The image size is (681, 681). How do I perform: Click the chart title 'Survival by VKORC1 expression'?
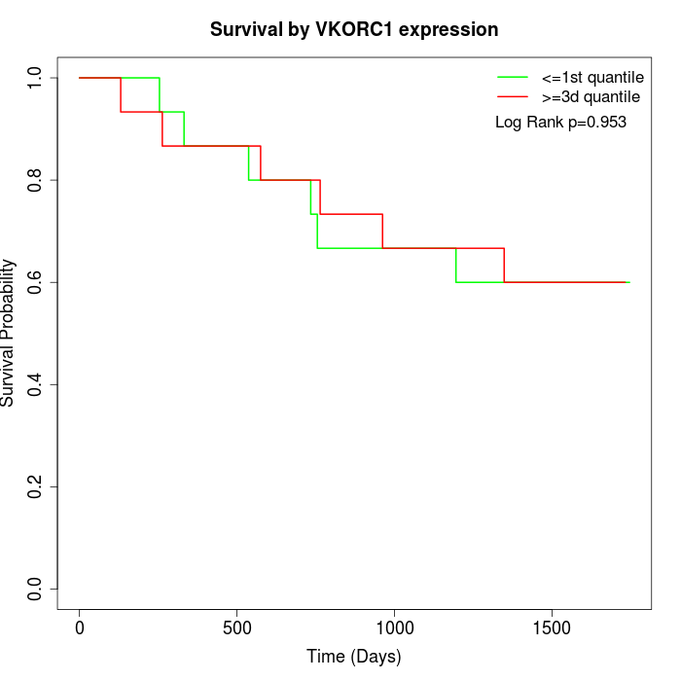[x=354, y=30]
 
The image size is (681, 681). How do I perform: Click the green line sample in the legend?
[x=513, y=77]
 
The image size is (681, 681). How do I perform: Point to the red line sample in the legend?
[x=513, y=96]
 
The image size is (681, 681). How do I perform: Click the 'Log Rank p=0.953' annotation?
[x=560, y=123]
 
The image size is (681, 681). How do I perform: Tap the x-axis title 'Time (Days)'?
[x=354, y=657]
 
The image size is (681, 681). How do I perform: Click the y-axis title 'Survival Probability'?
[x=9, y=333]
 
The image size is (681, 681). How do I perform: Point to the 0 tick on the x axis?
[x=80, y=628]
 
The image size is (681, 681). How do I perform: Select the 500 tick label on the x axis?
[x=237, y=628]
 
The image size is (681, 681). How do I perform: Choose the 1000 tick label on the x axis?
[x=395, y=628]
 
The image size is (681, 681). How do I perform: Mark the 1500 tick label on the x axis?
[x=553, y=628]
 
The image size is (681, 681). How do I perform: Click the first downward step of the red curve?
[x=121, y=94]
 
